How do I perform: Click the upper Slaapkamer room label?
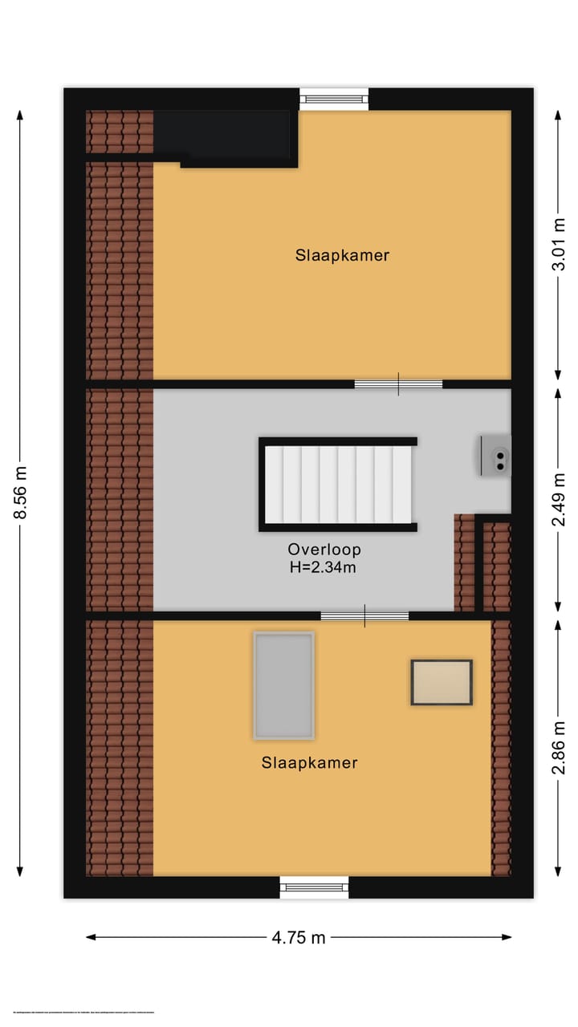pos(342,255)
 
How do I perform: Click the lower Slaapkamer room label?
pos(309,762)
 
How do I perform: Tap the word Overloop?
pos(324,550)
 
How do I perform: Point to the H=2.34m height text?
pos(324,567)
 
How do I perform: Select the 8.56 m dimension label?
pos(21,493)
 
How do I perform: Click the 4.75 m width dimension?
pos(299,937)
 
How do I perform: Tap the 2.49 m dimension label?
pos(560,499)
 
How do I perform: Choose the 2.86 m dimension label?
pos(560,746)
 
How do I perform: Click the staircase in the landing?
pos(338,485)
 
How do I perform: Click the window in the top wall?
pos(334,99)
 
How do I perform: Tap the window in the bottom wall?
pos(314,887)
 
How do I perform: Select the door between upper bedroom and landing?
pos(398,384)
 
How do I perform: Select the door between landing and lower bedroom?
pos(364,616)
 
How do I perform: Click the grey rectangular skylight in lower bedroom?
pos(283,685)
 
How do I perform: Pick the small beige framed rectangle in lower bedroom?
pos(442,682)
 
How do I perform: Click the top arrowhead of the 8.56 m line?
pos(21,115)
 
